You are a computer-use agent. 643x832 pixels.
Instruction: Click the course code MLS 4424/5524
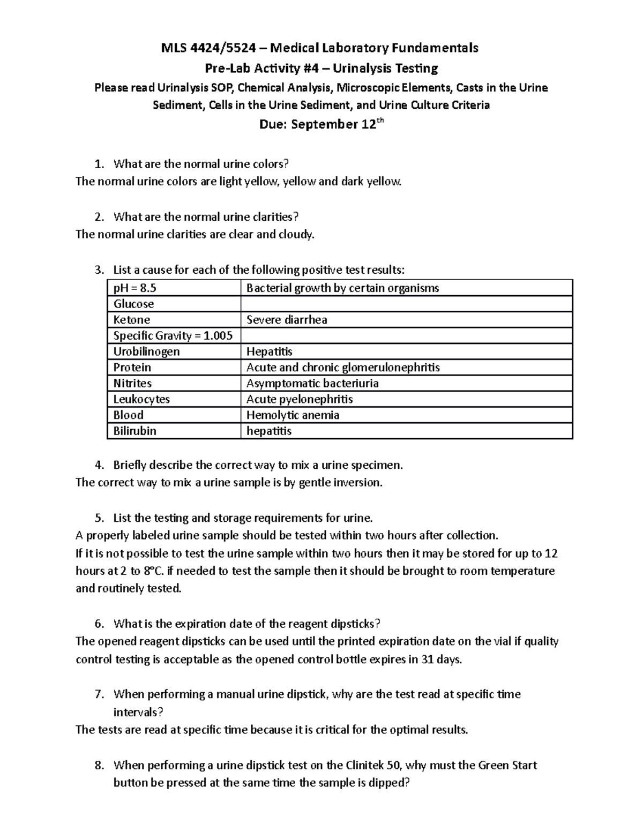[207, 48]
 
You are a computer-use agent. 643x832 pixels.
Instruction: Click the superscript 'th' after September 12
[379, 121]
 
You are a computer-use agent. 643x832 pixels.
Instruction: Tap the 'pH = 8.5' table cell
[135, 288]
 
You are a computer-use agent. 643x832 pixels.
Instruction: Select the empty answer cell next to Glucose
[406, 304]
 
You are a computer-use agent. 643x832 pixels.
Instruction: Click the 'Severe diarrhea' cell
[287, 320]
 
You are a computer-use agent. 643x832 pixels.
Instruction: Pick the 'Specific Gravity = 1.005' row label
[173, 336]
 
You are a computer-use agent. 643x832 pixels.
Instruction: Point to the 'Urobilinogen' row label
[146, 351]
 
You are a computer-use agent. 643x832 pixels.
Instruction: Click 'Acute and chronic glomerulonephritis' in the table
[343, 368]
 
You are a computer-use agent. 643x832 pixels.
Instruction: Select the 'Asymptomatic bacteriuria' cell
[312, 383]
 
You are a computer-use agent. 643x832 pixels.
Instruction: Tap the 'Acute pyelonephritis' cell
[300, 399]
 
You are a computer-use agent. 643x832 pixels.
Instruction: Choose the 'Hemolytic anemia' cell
[293, 415]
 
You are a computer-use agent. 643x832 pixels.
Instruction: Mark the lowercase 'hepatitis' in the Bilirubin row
[269, 431]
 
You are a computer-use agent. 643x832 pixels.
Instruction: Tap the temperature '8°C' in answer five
[155, 571]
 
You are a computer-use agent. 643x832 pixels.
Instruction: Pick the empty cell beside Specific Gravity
[406, 336]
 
